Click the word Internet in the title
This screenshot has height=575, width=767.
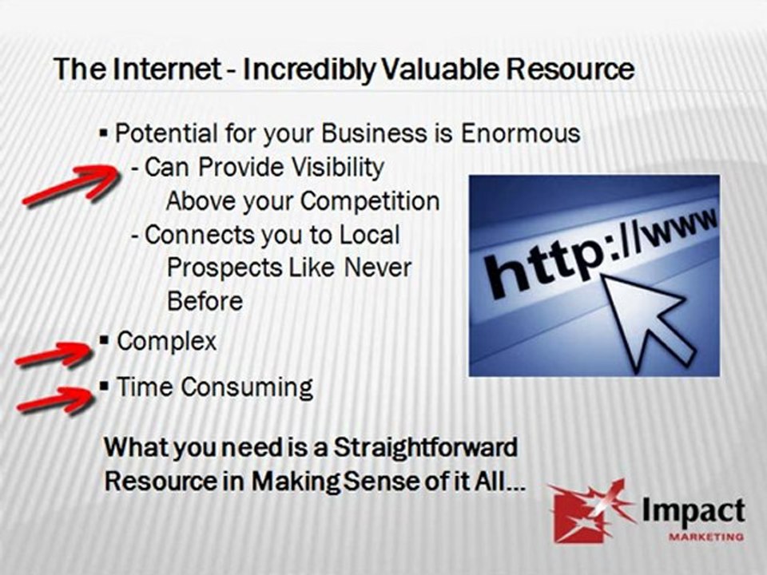coord(167,69)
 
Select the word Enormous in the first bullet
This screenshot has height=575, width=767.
coord(520,133)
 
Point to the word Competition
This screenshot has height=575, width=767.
coord(370,201)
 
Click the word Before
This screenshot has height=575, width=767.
coord(205,301)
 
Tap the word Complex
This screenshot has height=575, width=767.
coord(166,341)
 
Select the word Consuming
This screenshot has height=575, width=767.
coord(248,387)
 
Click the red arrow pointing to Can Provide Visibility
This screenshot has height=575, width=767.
coord(71,184)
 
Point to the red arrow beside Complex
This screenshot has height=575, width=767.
coord(54,354)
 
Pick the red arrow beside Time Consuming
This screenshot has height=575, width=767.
coord(56,400)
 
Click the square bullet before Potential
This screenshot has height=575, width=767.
coord(104,133)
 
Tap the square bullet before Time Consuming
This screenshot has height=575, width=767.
coord(104,387)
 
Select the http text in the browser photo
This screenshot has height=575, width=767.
coord(540,264)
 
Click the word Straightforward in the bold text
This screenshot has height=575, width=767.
coord(425,447)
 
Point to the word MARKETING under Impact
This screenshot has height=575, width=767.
coord(706,537)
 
